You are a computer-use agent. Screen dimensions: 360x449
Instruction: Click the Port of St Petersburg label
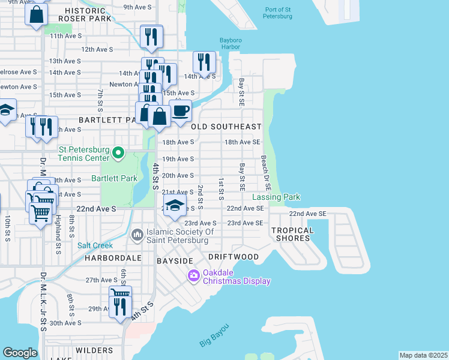(278, 12)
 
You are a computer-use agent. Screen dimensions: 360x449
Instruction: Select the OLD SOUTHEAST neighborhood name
(226, 127)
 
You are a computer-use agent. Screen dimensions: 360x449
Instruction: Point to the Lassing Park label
(276, 197)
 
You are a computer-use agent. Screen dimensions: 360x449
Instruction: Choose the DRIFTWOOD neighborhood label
(234, 257)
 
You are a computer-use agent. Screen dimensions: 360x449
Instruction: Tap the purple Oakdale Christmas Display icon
(193, 276)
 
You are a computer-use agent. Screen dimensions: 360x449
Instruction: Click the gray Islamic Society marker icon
(137, 233)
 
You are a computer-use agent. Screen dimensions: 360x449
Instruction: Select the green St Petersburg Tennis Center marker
(118, 154)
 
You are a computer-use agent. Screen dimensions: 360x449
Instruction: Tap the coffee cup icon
(180, 110)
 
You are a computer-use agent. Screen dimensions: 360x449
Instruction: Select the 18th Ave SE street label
(241, 142)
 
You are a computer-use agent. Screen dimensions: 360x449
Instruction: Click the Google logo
(20, 353)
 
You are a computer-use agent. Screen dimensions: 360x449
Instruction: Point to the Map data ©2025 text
(423, 355)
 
